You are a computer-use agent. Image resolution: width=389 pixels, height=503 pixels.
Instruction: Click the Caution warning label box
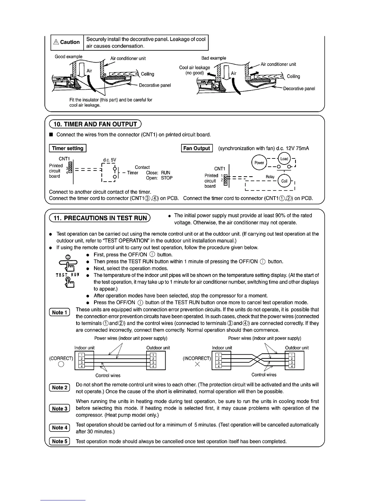pos(67,42)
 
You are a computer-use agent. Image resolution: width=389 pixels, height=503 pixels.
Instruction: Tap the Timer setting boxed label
pos(68,148)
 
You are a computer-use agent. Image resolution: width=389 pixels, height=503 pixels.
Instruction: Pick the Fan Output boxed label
pos(197,148)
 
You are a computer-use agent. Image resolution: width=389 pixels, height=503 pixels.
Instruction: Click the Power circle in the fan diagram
pos(259,163)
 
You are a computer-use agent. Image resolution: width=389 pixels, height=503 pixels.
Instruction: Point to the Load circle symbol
pos(284,159)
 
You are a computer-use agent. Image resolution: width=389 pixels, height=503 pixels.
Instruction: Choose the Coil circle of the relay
pos(284,181)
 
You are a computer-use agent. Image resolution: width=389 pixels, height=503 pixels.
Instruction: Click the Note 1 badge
pos(59,312)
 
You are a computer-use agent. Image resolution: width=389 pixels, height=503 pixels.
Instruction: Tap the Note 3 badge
pos(59,408)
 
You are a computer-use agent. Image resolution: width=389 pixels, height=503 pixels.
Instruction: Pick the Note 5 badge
pos(59,441)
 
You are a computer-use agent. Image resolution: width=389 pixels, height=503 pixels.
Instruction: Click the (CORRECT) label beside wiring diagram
pos(61,358)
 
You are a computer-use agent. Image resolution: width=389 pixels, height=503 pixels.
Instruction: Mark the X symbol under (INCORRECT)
pos(197,365)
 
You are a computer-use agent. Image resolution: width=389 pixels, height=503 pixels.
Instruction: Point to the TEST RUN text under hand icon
pos(67,275)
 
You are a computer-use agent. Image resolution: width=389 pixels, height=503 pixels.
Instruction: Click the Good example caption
pos(69,57)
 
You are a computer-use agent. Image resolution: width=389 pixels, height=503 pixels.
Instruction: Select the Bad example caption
pos(214,58)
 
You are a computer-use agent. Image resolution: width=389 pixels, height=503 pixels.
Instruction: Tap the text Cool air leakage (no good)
pos(194,70)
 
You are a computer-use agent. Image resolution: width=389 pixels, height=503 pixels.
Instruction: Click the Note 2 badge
pos(59,387)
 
